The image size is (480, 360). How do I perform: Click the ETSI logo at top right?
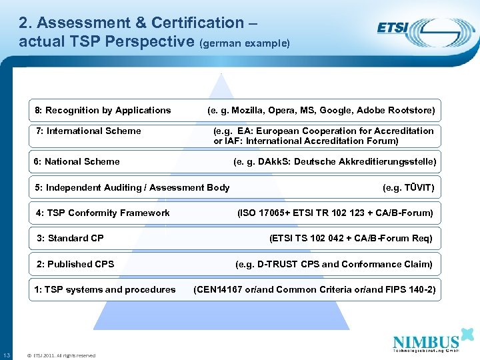417,30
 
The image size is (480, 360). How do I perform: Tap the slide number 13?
6,355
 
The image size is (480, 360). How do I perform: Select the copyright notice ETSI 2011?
59,355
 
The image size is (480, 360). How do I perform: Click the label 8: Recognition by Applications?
103,110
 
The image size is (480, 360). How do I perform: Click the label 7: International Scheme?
87,131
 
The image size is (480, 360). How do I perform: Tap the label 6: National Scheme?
77,161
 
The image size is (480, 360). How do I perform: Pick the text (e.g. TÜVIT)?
408,188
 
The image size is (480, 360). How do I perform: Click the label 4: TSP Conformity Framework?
103,213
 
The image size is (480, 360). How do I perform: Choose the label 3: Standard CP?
71,238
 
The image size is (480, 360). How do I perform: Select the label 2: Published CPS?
75,264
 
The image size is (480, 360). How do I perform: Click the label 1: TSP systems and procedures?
105,289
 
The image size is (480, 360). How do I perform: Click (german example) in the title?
244,43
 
